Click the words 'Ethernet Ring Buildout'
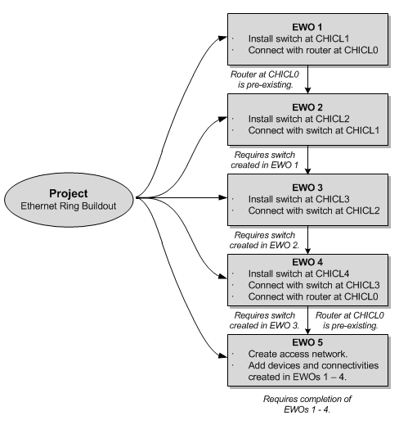click(x=69, y=206)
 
